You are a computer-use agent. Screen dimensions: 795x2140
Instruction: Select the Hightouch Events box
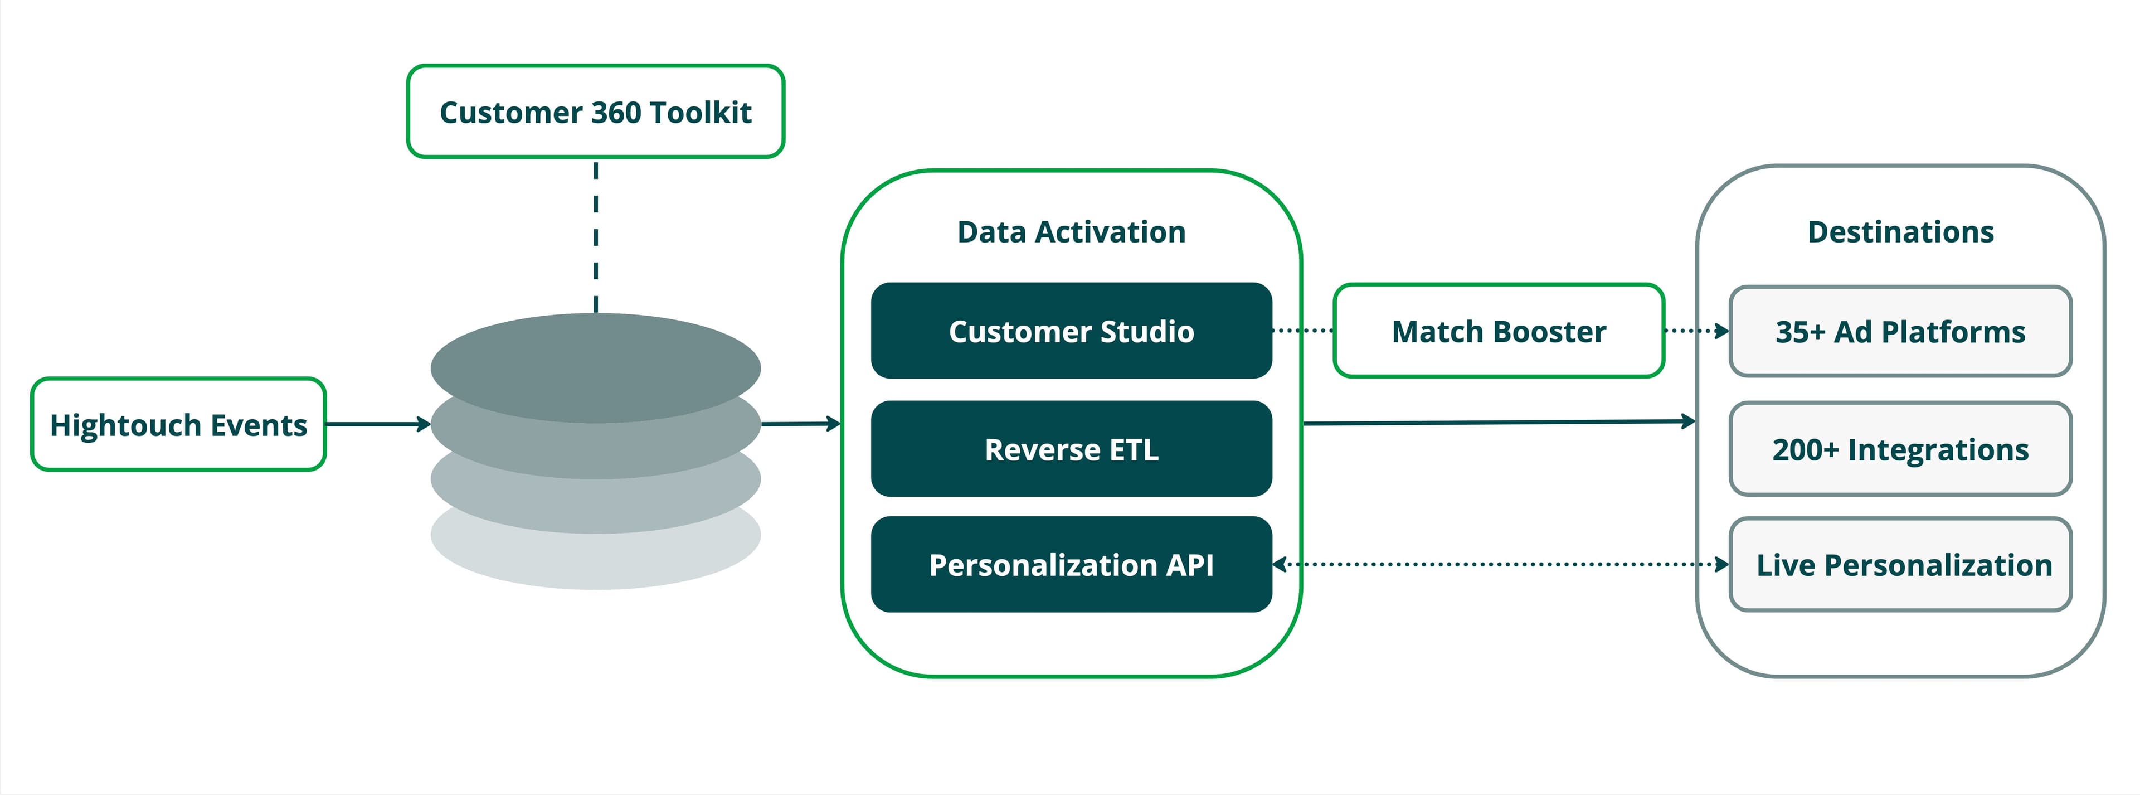(178, 424)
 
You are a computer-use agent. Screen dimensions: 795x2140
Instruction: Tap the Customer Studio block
(1071, 331)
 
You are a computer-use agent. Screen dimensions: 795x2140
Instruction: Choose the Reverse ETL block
(1071, 449)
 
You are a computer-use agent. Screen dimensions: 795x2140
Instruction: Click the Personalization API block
(1071, 565)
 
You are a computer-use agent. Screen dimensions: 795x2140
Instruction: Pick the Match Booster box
(1498, 331)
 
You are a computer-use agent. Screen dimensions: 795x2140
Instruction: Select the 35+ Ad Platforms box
(1900, 332)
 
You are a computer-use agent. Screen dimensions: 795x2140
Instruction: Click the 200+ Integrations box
(1900, 449)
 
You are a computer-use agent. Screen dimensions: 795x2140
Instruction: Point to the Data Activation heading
(1071, 232)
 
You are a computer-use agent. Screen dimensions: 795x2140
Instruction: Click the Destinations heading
(1900, 232)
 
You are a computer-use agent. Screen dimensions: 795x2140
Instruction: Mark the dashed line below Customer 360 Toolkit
(596, 237)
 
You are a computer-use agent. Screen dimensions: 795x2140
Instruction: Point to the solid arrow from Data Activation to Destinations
(1495, 423)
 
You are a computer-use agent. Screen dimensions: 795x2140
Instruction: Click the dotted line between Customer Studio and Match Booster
(1302, 331)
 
